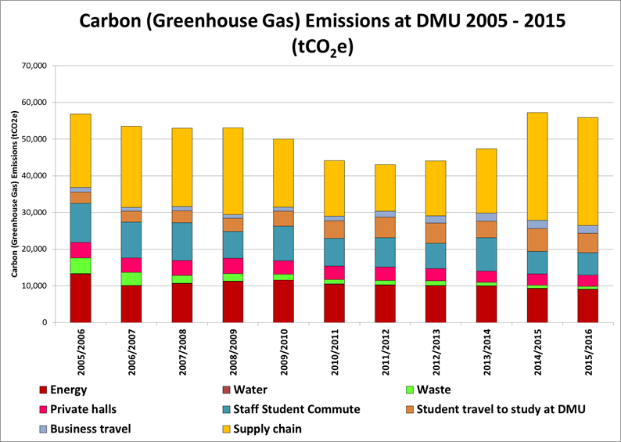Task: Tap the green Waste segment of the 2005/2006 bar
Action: click(x=81, y=265)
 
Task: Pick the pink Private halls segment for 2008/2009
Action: click(x=233, y=265)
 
